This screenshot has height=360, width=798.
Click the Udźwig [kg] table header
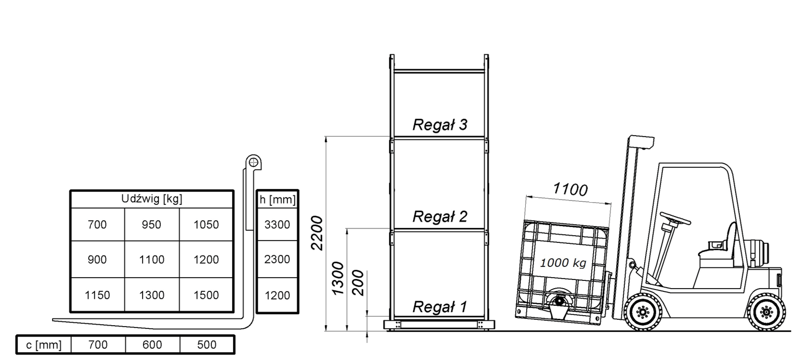click(x=152, y=199)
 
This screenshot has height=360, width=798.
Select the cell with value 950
click(x=152, y=225)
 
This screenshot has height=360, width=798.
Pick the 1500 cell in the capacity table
click(x=206, y=295)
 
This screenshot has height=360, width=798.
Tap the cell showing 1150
click(x=97, y=295)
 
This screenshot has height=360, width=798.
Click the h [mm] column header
click(x=277, y=199)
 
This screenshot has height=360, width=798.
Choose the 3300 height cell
click(x=277, y=225)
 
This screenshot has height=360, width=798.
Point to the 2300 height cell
click(x=277, y=259)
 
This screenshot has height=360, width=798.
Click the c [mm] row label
click(x=43, y=345)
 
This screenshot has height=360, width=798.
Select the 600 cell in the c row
click(x=152, y=345)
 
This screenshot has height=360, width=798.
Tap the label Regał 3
click(x=440, y=125)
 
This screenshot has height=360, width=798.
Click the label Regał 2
click(x=440, y=217)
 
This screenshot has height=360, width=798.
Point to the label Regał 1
click(x=440, y=307)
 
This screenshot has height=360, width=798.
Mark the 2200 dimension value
click(x=318, y=233)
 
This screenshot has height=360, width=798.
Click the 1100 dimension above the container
click(x=570, y=189)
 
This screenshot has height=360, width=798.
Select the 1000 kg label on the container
click(x=563, y=263)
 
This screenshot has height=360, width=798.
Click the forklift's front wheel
click(x=642, y=312)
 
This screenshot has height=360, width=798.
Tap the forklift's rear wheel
click(x=766, y=312)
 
